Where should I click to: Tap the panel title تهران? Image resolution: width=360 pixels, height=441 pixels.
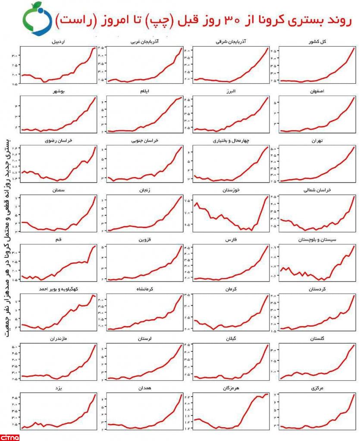(x=317, y=141)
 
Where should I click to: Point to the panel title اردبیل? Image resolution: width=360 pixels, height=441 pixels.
(x=59, y=42)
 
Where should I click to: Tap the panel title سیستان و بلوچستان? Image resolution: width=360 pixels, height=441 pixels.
(x=317, y=240)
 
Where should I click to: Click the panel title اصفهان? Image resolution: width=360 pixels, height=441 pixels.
(x=317, y=91)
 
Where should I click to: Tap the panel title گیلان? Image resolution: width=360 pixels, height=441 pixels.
(x=232, y=339)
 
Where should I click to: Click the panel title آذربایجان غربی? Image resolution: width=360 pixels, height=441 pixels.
(x=144, y=42)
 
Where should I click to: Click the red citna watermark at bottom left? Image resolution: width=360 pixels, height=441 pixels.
(x=10, y=437)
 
